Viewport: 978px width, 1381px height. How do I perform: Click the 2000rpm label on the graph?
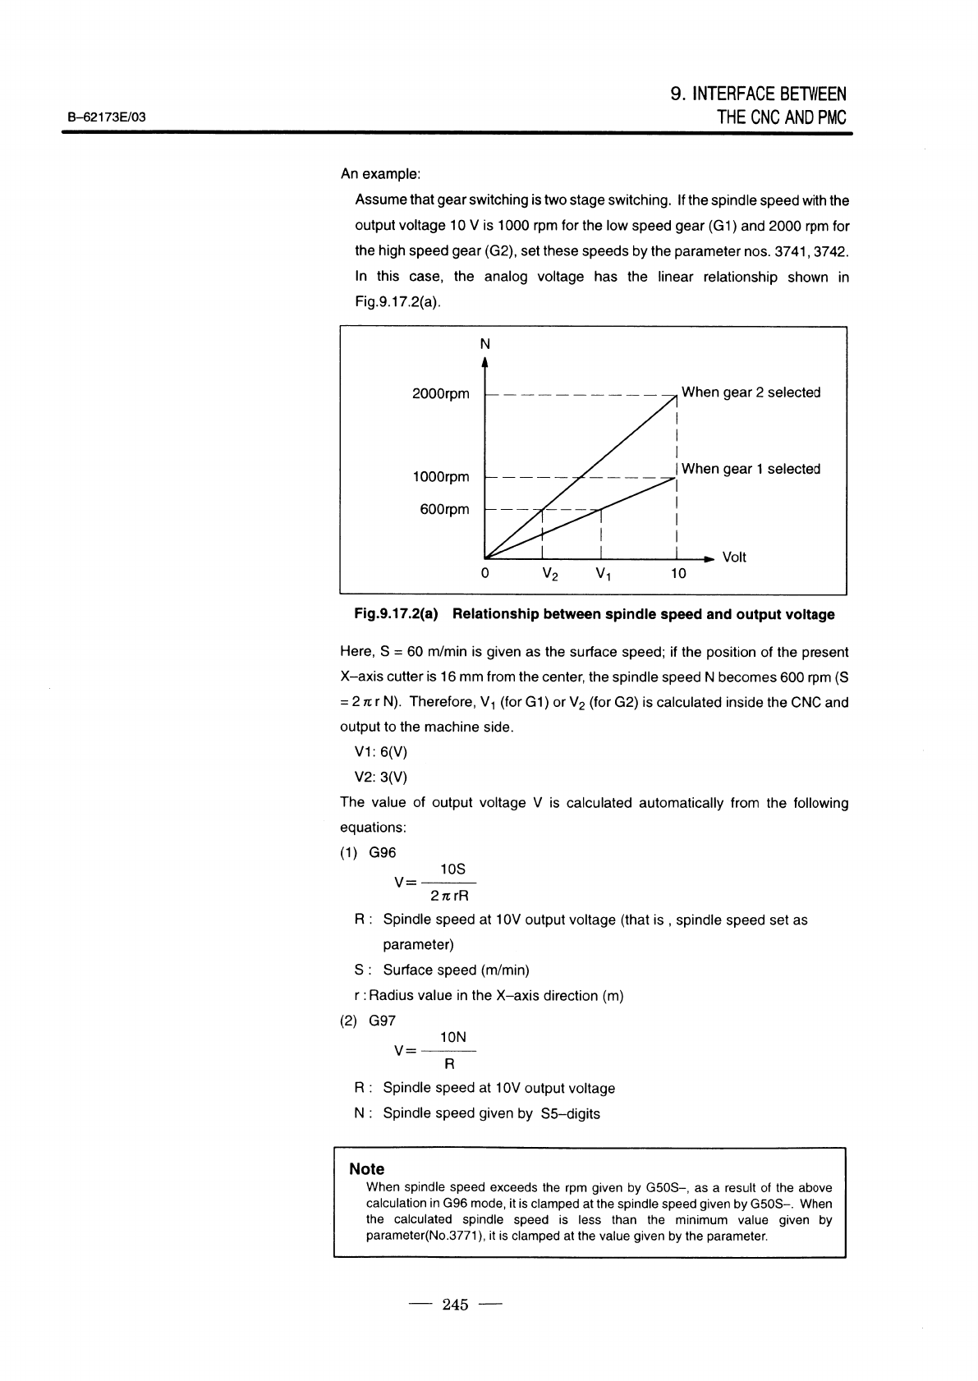[440, 394]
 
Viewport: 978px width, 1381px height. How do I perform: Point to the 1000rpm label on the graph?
[440, 477]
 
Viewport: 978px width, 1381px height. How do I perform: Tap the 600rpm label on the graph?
[444, 509]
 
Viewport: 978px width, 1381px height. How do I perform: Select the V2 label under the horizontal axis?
[550, 574]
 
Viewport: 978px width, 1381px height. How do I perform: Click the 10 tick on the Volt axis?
[677, 573]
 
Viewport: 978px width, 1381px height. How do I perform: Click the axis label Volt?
[733, 557]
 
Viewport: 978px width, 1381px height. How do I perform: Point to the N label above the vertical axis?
[485, 343]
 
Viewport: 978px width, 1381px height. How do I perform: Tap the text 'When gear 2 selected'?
[751, 392]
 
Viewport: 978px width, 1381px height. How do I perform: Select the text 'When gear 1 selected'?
[751, 469]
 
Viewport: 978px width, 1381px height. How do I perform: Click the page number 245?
[454, 1305]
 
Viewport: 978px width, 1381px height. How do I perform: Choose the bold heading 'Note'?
[366, 1168]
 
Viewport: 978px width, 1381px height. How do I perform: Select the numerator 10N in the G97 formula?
[453, 1038]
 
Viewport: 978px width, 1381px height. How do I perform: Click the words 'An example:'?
[380, 175]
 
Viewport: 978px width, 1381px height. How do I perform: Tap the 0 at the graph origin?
[484, 573]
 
